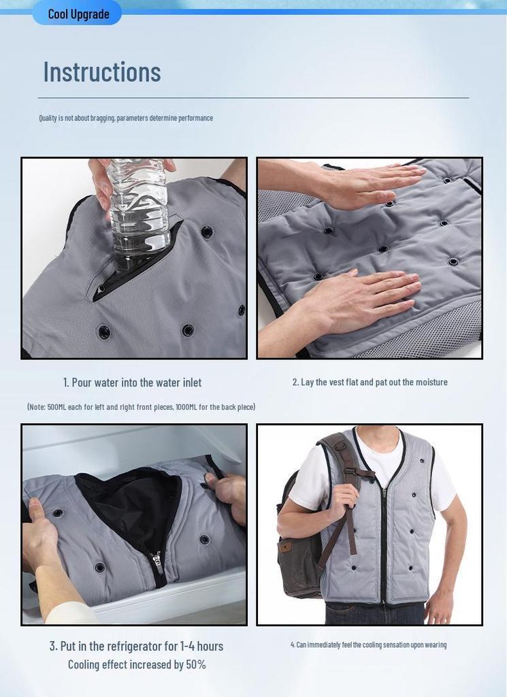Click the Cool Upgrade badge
(x=77, y=14)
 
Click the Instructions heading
(x=102, y=71)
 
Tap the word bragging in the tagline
(x=103, y=118)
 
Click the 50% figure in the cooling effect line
(x=196, y=664)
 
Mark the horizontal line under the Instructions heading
(x=253, y=98)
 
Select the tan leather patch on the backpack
(x=285, y=547)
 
